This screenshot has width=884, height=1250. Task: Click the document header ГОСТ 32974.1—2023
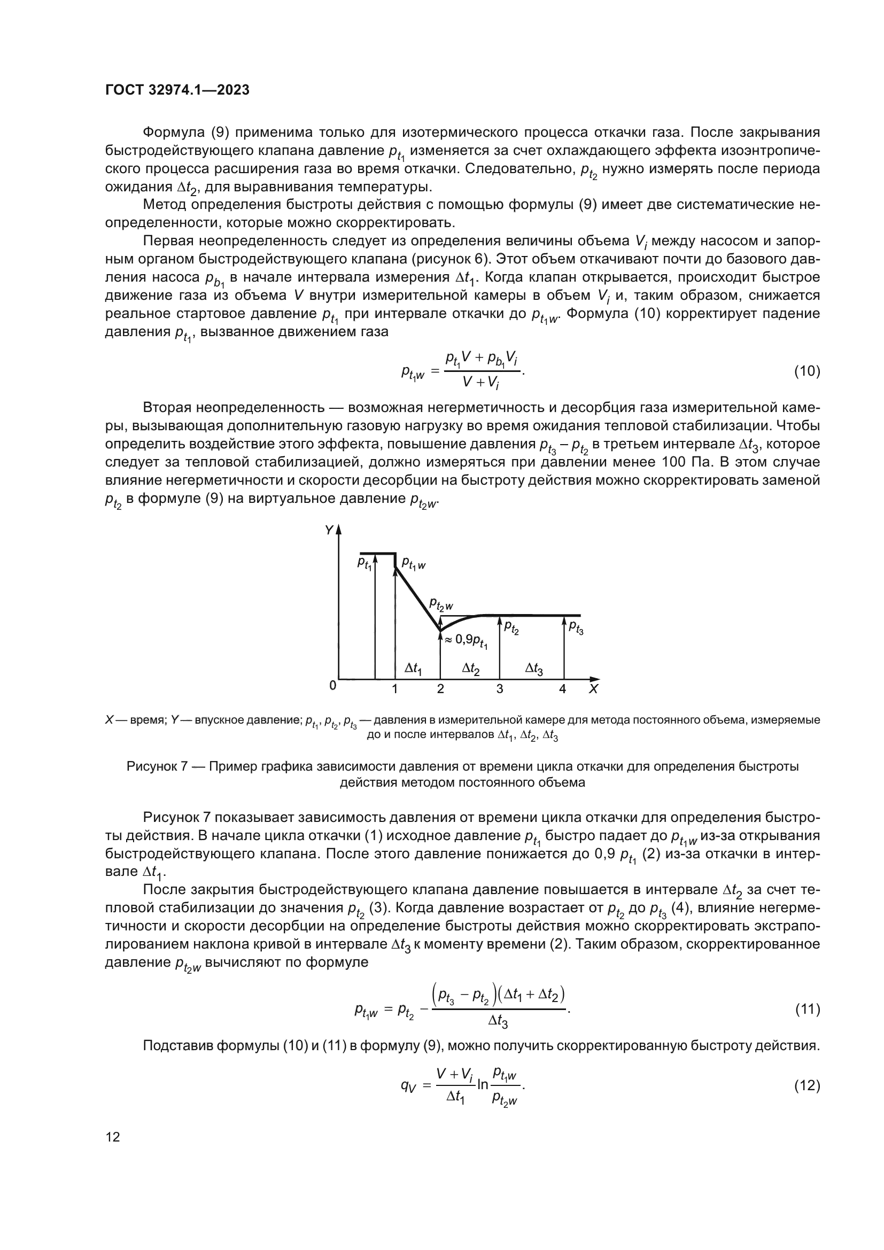tap(177, 90)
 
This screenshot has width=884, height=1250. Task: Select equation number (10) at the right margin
tap(807, 371)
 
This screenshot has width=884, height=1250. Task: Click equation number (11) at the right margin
tap(807, 1010)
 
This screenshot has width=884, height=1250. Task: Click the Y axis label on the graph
tap(328, 530)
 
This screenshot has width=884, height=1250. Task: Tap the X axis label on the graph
tap(593, 689)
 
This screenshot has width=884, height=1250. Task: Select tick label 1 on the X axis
tap(394, 689)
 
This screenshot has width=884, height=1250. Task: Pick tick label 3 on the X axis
tap(500, 689)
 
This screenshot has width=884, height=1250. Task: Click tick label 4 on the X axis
tap(563, 689)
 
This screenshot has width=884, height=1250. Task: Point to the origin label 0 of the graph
tap(332, 686)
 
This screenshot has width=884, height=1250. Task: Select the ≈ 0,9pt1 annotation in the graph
tap(467, 641)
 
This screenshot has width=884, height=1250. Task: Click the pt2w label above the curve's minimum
tap(441, 604)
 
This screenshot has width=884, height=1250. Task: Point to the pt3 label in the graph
tap(576, 628)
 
